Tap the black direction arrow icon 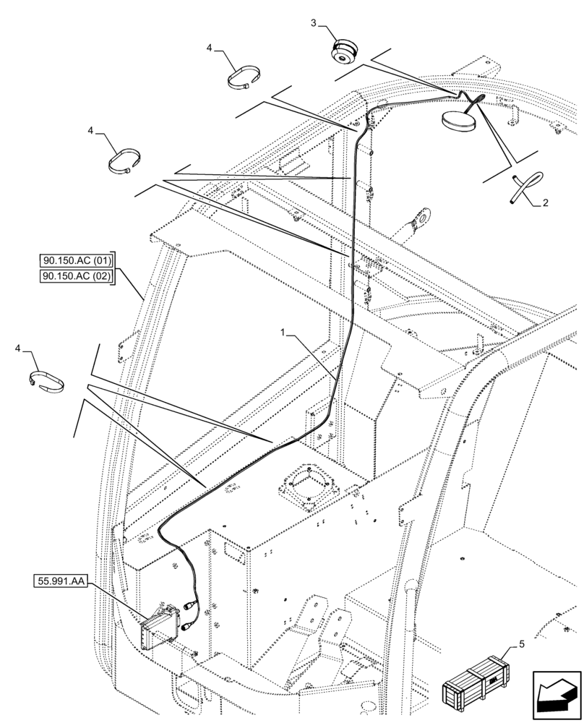point(557,693)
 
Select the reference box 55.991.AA point(60,580)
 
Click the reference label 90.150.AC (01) point(77,261)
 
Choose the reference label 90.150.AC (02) point(77,277)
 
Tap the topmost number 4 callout point(209,48)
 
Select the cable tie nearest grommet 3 point(244,77)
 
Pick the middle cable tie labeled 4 point(124,162)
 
